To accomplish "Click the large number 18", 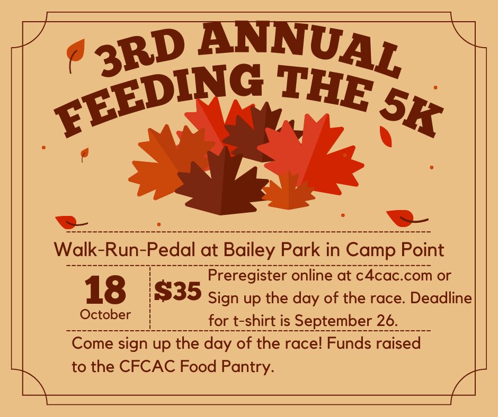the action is click(x=105, y=290).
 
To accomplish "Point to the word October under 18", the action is click(x=105, y=314).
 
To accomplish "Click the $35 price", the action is click(x=178, y=291).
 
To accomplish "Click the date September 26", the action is click(x=346, y=321).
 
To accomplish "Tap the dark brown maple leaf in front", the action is click(x=221, y=184).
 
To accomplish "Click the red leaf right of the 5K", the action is click(x=386, y=136).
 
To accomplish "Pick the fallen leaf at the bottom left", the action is click(x=70, y=222).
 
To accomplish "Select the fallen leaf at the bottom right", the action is click(x=404, y=218).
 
